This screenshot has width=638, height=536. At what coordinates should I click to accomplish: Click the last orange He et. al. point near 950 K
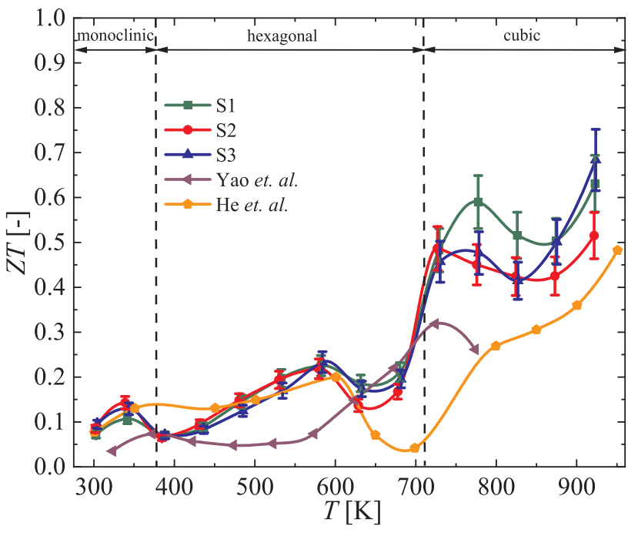tap(617, 250)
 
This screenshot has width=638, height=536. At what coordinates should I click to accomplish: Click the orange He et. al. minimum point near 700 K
tap(415, 448)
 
